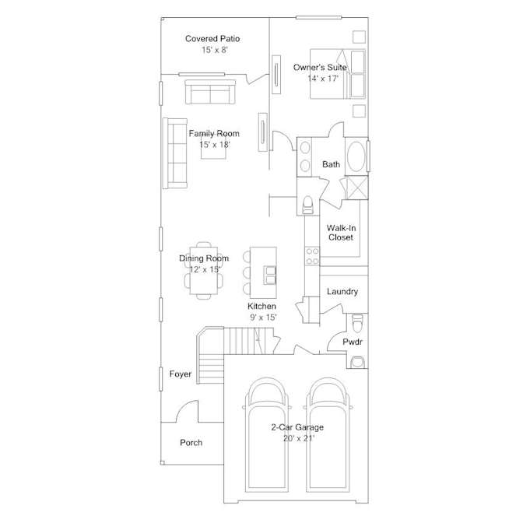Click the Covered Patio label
(x=212, y=39)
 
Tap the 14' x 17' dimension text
(x=323, y=79)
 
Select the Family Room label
(x=214, y=134)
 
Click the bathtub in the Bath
(x=356, y=156)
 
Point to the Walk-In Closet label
(x=341, y=233)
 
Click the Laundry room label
(x=342, y=292)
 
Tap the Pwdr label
(x=353, y=342)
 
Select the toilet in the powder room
(x=357, y=323)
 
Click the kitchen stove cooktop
(x=312, y=256)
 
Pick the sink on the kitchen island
(x=270, y=276)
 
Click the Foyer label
(x=181, y=374)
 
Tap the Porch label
(x=191, y=443)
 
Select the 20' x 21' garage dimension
(x=299, y=438)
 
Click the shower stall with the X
(x=357, y=188)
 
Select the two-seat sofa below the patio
(x=210, y=92)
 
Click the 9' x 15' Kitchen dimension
(x=264, y=318)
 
